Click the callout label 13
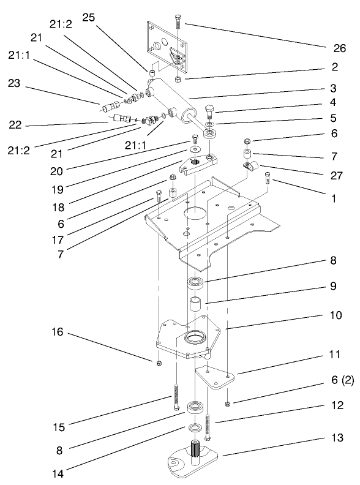coord(334,440)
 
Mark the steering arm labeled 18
coord(197,164)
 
